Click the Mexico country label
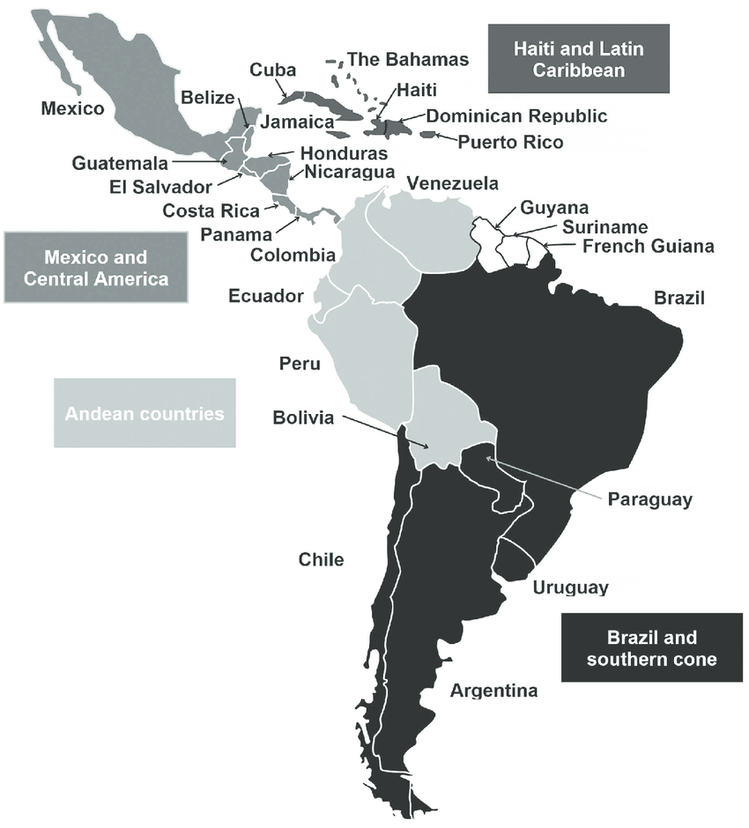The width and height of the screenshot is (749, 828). [x=72, y=109]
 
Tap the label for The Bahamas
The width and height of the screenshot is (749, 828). [x=408, y=60]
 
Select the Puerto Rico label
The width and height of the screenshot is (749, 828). [x=510, y=142]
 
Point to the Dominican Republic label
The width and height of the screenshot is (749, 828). [x=516, y=115]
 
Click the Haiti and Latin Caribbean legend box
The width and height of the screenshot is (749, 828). [x=579, y=59]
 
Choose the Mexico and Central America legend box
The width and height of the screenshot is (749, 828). [x=95, y=268]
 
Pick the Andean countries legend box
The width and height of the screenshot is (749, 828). [x=145, y=413]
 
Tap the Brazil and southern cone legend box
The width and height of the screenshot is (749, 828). [x=651, y=648]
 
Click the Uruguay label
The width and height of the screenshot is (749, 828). [x=570, y=587]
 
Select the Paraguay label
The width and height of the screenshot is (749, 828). [x=650, y=499]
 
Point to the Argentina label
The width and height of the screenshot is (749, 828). [x=493, y=691]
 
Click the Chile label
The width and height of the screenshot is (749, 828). [x=321, y=559]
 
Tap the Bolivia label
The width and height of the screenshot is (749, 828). [x=303, y=418]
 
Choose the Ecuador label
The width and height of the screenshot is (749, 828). [x=266, y=296]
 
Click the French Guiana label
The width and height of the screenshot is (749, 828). [x=649, y=247]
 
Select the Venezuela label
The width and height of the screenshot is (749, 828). [x=452, y=183]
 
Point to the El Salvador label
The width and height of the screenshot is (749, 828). [x=160, y=187]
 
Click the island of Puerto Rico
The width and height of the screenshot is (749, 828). [x=428, y=135]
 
